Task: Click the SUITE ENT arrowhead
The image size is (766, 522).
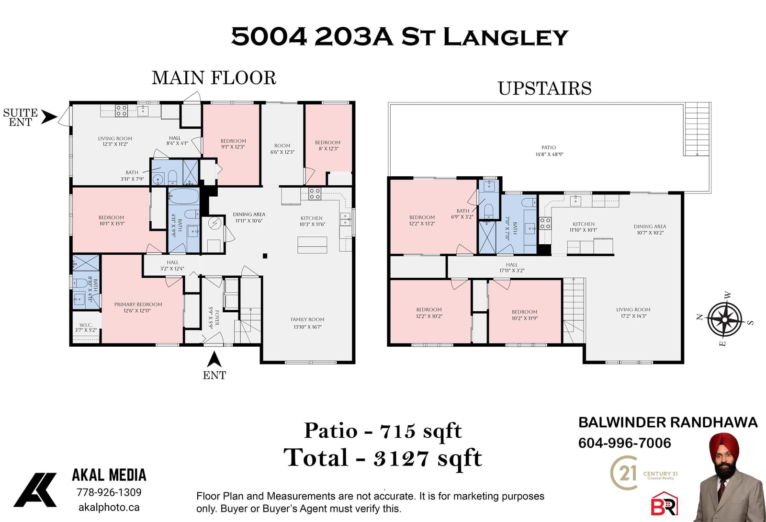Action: point(49,117)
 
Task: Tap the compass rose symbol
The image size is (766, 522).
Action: point(725,319)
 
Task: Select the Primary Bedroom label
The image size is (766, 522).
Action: point(138,307)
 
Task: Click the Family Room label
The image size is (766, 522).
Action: point(307,323)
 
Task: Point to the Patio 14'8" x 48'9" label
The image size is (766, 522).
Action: point(549,151)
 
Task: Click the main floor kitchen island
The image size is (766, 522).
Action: point(312,245)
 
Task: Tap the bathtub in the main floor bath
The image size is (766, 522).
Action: point(184,196)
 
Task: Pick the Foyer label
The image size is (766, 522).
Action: point(214,318)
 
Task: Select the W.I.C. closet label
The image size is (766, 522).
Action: point(86,328)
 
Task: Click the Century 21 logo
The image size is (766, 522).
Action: point(643,473)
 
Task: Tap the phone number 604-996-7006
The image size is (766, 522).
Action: point(624,443)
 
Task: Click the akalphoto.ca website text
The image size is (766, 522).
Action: point(109,507)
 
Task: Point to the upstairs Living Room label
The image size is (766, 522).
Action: point(633,313)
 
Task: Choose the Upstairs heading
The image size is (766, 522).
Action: point(544,88)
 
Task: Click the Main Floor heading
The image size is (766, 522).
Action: point(214,78)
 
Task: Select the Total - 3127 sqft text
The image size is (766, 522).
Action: point(383,458)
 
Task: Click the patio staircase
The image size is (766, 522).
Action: point(697,129)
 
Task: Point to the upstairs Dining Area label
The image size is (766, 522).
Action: point(650,229)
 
